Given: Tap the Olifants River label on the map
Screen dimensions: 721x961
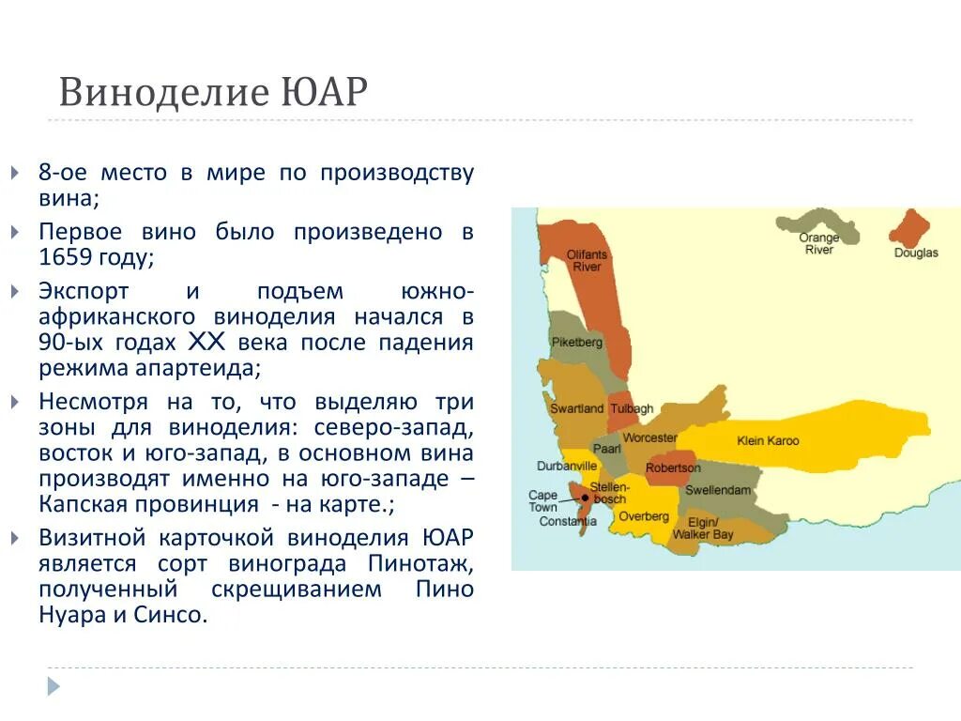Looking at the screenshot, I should click(x=587, y=261).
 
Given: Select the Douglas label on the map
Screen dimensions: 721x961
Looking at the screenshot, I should click(x=915, y=253).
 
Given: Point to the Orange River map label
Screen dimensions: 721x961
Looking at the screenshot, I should click(x=818, y=244).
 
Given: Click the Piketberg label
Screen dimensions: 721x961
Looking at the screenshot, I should click(x=576, y=343).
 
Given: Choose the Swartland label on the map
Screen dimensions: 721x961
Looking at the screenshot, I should click(x=576, y=409).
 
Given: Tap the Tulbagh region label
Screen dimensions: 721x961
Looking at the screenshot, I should click(x=630, y=409).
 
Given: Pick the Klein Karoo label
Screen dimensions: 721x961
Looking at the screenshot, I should click(x=768, y=440).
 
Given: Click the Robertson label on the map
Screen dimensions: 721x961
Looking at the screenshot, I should click(x=673, y=468).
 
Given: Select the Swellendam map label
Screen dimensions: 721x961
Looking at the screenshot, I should click(x=718, y=490).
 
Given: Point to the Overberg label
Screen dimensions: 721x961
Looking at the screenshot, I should click(x=644, y=516).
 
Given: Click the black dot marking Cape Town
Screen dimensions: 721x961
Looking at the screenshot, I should click(x=585, y=499).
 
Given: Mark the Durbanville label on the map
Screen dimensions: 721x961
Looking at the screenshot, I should click(x=567, y=466).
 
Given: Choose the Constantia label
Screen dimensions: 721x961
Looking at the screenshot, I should click(x=568, y=522).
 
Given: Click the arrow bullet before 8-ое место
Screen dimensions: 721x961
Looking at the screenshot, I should click(x=14, y=174).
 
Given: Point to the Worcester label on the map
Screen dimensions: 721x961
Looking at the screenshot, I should click(x=649, y=437).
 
